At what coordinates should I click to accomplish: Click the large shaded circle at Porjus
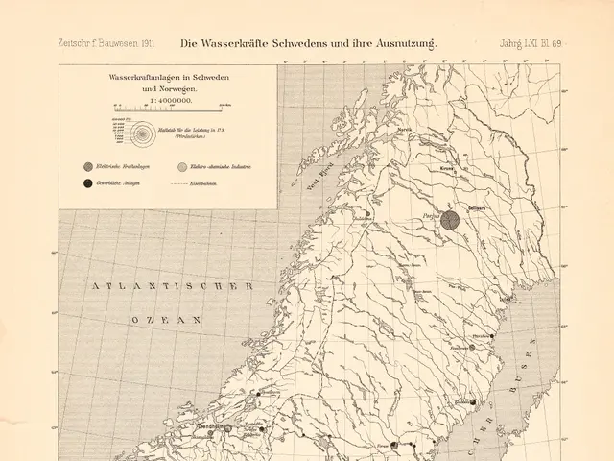click(451, 221)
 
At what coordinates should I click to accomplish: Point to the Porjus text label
click(428, 220)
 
